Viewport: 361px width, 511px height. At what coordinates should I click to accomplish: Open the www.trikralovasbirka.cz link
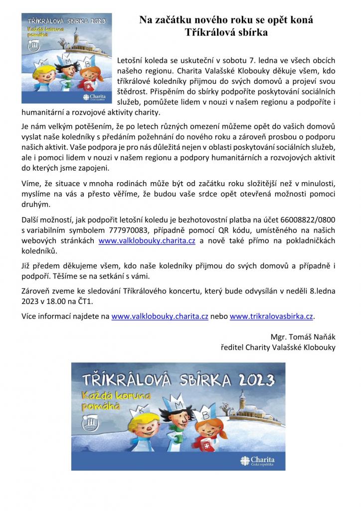click(x=272, y=316)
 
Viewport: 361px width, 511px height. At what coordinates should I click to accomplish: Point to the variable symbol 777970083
click(x=127, y=230)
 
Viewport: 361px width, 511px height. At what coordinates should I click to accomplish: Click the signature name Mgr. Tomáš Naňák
click(x=303, y=336)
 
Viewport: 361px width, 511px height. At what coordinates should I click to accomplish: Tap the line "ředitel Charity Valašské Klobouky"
click(x=278, y=347)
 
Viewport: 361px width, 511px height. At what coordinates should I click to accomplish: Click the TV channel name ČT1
click(x=86, y=301)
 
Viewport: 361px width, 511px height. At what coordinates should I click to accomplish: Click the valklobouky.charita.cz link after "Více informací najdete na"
click(x=160, y=316)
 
